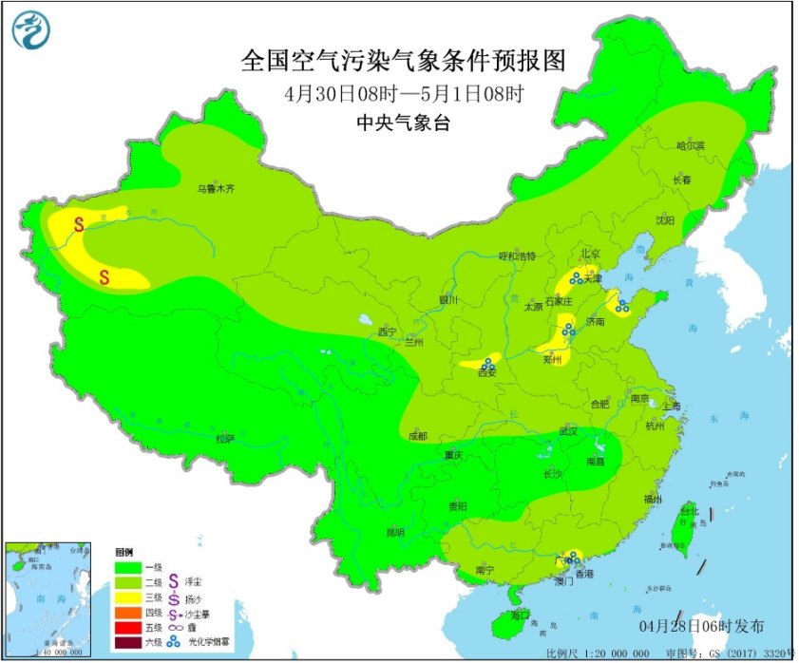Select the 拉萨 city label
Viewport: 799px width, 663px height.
click(x=224, y=438)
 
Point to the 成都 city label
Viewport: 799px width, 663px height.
click(x=417, y=436)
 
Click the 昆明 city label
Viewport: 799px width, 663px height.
click(x=396, y=532)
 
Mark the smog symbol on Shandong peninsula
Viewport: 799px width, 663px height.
click(x=621, y=306)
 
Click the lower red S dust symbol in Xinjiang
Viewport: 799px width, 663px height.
click(x=105, y=276)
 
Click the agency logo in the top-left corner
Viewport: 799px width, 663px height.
click(x=29, y=32)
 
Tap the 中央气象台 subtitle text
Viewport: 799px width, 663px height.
click(x=403, y=121)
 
